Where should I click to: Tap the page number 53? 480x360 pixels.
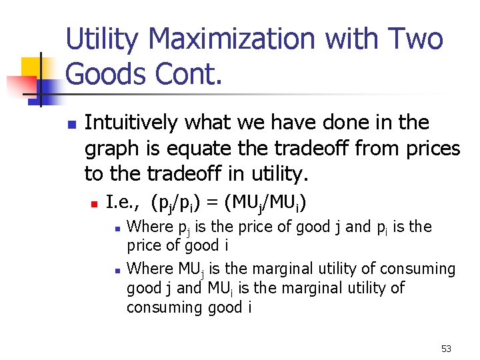pos(446,349)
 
